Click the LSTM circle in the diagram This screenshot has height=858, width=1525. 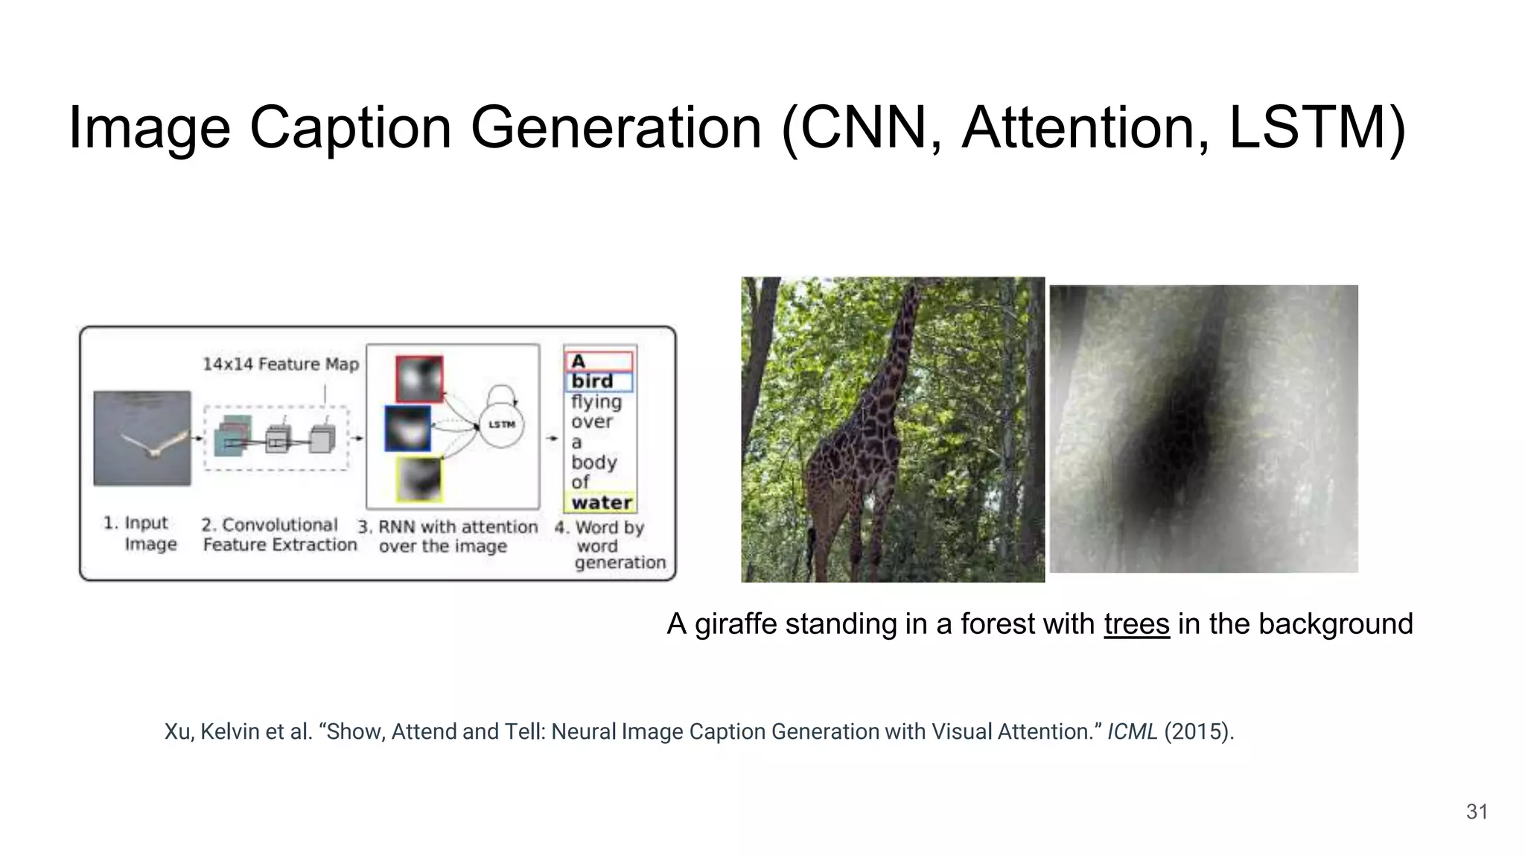pyautogui.click(x=501, y=425)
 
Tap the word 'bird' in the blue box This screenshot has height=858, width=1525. pyautogui.click(x=593, y=381)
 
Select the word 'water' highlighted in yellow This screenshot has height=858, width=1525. pyautogui.click(x=602, y=503)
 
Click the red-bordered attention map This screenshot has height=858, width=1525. pyautogui.click(x=419, y=379)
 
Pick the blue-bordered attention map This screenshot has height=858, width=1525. pyautogui.click(x=407, y=428)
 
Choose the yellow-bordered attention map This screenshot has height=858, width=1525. pyautogui.click(x=419, y=479)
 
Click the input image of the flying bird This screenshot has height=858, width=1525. pyautogui.click(x=142, y=438)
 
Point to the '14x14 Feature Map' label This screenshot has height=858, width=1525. pyautogui.click(x=281, y=364)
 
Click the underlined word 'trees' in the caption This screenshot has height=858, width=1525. pyautogui.click(x=1136, y=623)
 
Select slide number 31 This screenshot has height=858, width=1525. pyautogui.click(x=1477, y=812)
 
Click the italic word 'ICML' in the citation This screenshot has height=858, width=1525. pyautogui.click(x=1132, y=731)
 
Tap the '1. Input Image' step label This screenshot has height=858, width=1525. pyautogui.click(x=141, y=533)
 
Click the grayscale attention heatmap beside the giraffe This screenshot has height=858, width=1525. pyautogui.click(x=1203, y=429)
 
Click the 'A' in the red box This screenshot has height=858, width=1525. pyautogui.click(x=579, y=362)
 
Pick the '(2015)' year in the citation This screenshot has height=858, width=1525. pyautogui.click(x=1198, y=731)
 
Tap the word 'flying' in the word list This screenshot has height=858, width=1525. pyautogui.click(x=596, y=402)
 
